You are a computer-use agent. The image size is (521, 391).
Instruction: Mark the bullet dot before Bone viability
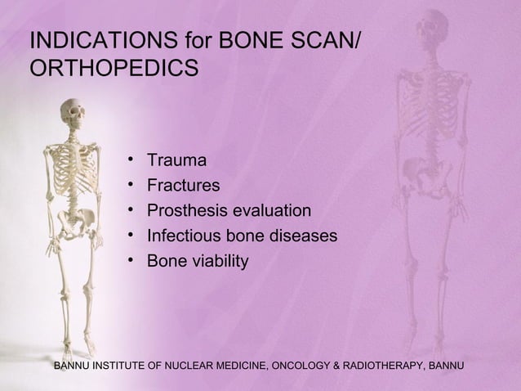[131, 263]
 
